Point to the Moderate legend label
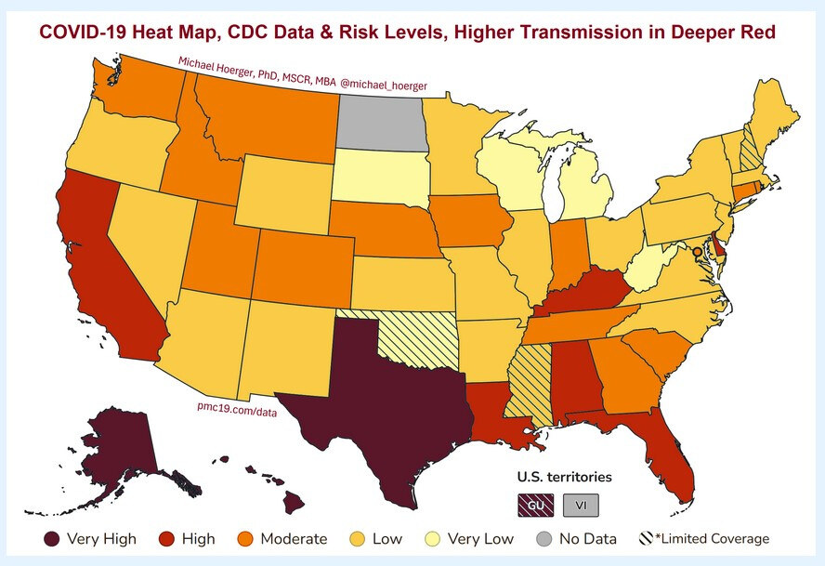(x=294, y=538)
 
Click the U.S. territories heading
(x=565, y=477)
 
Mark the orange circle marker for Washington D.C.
(x=697, y=251)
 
